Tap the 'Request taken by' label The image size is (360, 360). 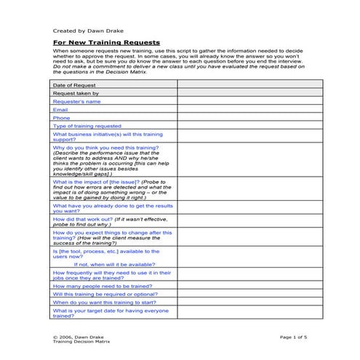[x=76, y=93]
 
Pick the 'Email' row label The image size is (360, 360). [x=60, y=109]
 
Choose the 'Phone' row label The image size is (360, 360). [x=62, y=117]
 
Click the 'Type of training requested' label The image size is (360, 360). [x=87, y=125]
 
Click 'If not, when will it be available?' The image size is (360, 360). [x=116, y=264]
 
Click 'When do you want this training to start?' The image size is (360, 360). [x=105, y=302]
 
